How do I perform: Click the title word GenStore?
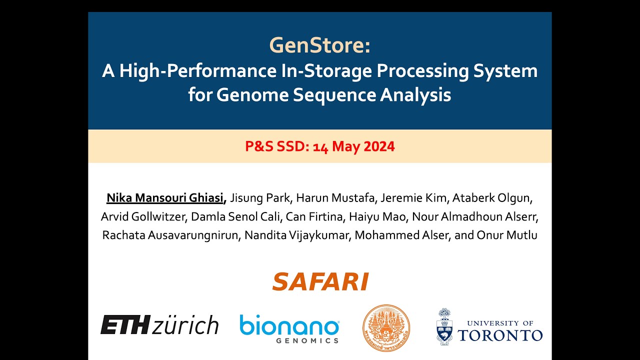click(x=320, y=46)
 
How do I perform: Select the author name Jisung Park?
click(x=260, y=198)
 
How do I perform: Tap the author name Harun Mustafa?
click(x=335, y=198)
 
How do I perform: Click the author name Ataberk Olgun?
click(x=492, y=198)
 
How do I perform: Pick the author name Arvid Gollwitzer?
click(x=142, y=217)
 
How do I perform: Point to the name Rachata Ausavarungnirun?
click(x=170, y=235)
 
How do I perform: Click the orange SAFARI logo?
click(x=320, y=281)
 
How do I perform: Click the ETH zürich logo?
click(x=159, y=324)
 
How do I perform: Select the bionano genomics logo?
click(x=289, y=327)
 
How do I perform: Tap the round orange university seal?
click(x=386, y=327)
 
